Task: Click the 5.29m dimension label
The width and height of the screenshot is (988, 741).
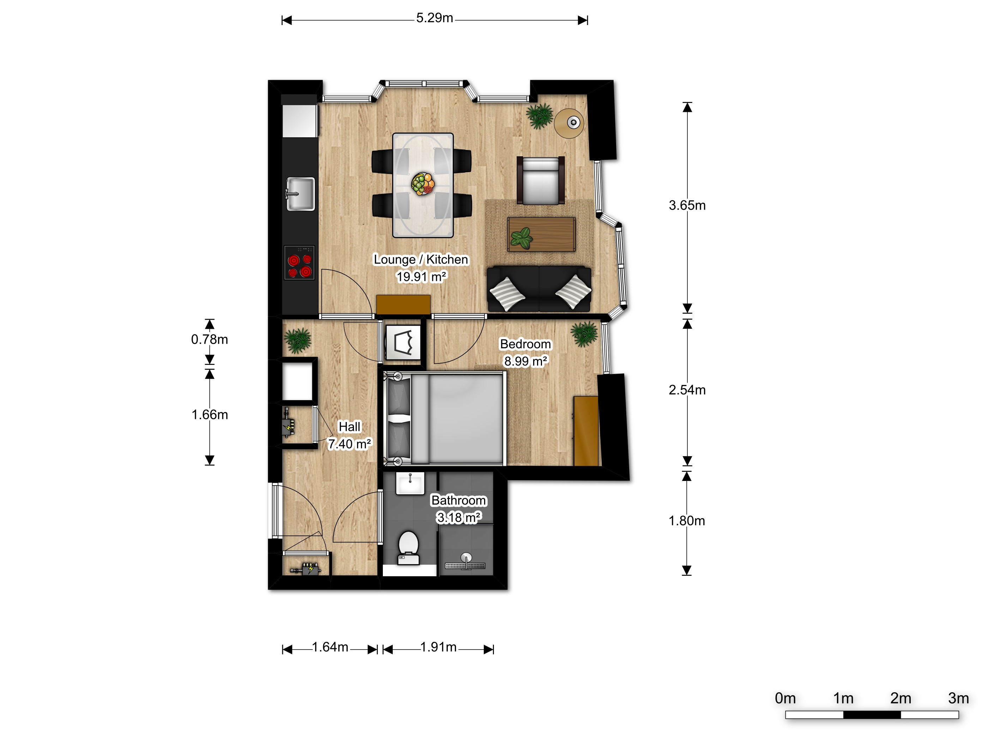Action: click(x=435, y=18)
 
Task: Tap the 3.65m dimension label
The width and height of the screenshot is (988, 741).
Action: click(x=687, y=205)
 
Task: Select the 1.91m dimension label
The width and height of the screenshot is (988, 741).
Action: click(x=438, y=647)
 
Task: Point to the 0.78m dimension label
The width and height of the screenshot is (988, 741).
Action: click(x=210, y=339)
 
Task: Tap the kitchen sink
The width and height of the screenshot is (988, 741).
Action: click(x=300, y=194)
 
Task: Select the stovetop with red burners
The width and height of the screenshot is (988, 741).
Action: click(x=299, y=262)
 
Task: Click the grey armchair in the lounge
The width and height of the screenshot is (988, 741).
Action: click(x=541, y=180)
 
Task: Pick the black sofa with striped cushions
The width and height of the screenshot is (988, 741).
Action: click(x=540, y=289)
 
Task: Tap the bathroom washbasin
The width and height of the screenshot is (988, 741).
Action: click(x=410, y=483)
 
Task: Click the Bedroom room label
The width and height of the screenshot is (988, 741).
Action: click(x=525, y=344)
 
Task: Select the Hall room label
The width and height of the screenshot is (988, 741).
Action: click(x=349, y=427)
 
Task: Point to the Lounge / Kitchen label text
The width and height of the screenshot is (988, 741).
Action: click(x=421, y=259)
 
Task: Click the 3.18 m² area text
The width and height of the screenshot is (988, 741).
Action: click(x=459, y=518)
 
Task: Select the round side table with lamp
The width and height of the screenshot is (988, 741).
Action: click(x=569, y=123)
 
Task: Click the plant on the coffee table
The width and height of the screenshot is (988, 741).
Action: click(x=521, y=237)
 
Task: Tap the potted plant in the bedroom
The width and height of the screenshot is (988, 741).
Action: click(x=584, y=335)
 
